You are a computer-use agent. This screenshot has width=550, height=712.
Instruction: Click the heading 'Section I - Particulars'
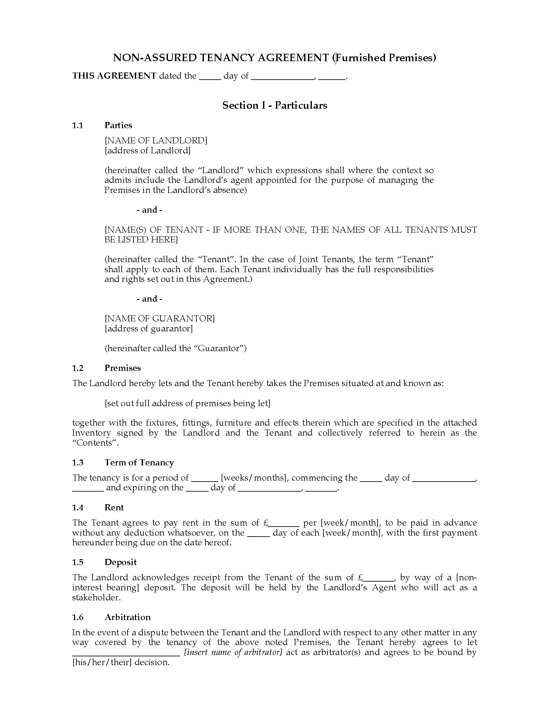(274, 105)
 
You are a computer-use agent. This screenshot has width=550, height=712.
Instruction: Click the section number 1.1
(78, 126)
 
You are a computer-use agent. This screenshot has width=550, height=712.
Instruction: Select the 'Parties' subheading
(118, 126)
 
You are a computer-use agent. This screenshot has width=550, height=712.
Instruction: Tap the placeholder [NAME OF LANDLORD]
(156, 140)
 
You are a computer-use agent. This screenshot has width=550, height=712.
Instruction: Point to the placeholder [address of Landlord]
(148, 150)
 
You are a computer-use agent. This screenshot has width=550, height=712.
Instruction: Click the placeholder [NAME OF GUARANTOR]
(159, 318)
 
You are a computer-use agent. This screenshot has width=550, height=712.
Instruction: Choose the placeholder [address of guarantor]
(148, 328)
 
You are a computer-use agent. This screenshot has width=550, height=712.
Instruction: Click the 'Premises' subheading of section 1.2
(123, 368)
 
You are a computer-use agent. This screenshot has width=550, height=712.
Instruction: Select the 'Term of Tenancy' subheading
(139, 462)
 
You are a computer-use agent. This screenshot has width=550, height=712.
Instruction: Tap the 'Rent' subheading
(114, 507)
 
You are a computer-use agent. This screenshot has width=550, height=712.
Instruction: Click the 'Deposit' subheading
(121, 562)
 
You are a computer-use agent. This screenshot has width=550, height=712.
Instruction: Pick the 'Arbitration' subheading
(127, 617)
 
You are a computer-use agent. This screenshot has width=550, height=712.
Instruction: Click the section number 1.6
(78, 617)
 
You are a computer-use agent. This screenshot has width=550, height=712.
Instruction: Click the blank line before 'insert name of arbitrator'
(126, 654)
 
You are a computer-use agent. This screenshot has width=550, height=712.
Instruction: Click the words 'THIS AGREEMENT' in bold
(114, 76)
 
